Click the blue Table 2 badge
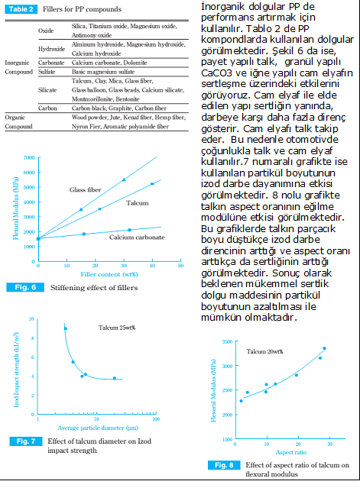click(21, 9)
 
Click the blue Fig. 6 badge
click(25, 287)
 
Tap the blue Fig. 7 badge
click(26, 441)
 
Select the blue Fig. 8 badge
click(224, 465)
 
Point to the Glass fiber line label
click(85, 190)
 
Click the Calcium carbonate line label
click(137, 237)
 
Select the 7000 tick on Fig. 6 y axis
click(29, 157)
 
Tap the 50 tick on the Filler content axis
click(181, 266)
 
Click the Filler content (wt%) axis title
click(109, 274)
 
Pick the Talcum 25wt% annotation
click(117, 328)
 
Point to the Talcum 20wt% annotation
click(264, 352)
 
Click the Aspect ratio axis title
click(291, 452)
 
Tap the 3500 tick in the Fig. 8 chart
click(228, 341)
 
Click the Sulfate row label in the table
click(47, 72)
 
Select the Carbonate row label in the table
click(51, 63)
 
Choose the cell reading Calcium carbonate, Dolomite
click(109, 63)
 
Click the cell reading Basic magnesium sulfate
click(103, 72)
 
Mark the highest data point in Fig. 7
click(66, 329)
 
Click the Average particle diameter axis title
click(98, 428)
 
